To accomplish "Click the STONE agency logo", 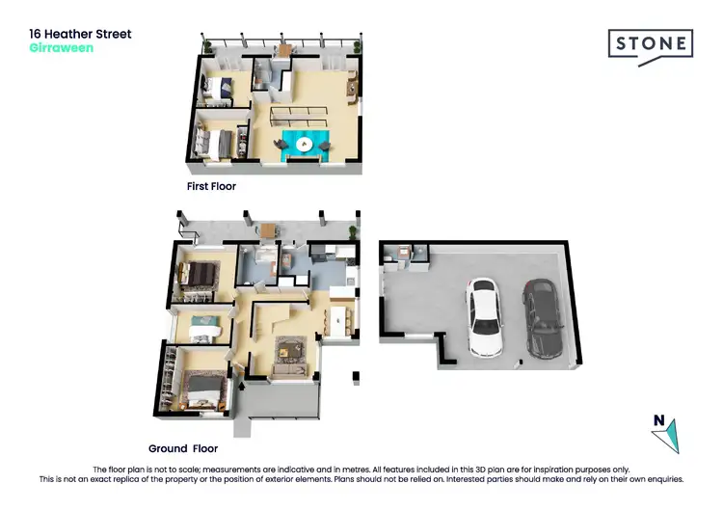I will click(651, 44).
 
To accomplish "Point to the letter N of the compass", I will click(659, 419).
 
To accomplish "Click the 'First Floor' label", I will click(211, 186).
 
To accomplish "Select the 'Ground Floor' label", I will click(183, 448).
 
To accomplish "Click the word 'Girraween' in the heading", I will click(62, 47).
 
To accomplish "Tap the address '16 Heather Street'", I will click(80, 34).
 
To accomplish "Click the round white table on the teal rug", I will click(306, 145).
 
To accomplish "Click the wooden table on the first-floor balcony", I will click(284, 51).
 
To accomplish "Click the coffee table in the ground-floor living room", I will click(289, 345).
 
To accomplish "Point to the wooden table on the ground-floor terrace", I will click(267, 229).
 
